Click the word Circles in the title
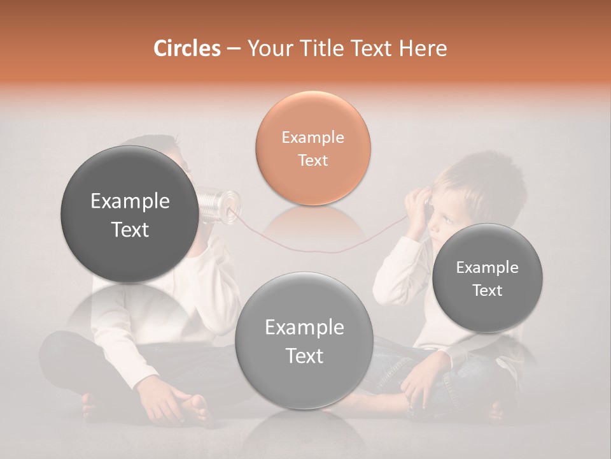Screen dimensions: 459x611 pos(187,48)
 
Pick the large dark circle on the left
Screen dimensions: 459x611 pos(130,214)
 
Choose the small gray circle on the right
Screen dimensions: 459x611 pos(488,278)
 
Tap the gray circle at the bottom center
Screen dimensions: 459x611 pos(304,341)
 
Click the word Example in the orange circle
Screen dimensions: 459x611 pos(313,137)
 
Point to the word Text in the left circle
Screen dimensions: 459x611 pos(130,229)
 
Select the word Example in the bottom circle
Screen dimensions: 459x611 pos(304,328)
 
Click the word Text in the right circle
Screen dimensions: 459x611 pos(488,291)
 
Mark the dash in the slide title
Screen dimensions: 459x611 pos(234,48)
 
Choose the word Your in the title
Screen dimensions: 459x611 pos(268,48)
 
